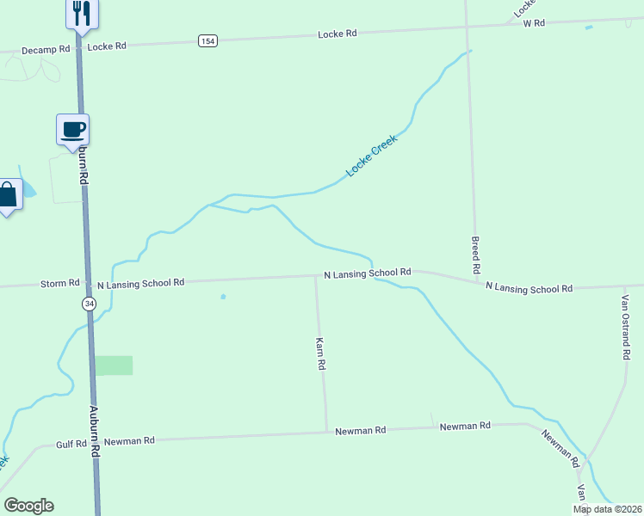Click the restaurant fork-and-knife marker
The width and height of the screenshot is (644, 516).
coord(82,13)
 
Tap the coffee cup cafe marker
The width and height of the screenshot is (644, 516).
coord(73,129)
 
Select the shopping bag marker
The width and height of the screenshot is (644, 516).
coord(7,195)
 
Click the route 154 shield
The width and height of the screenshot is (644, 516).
coord(207,40)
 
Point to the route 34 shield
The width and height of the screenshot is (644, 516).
coord(90,304)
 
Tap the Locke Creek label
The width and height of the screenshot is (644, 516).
coord(371,157)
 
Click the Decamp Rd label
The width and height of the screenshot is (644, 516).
coord(46,50)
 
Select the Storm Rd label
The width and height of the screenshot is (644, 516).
coord(60,283)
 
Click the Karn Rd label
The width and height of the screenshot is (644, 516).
coord(320,353)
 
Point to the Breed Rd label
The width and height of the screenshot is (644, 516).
coord(475,255)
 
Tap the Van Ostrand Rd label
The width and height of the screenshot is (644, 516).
coord(626,329)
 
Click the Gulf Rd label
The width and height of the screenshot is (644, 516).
coord(71,444)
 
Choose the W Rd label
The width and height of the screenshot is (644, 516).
coord(534,23)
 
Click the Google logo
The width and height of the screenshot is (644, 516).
coord(28,506)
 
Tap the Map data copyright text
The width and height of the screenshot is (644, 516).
coord(608,509)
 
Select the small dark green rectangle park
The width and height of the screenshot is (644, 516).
coord(114,365)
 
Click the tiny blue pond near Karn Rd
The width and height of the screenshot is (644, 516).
coord(223,298)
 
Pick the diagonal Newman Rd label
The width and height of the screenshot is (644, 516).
coord(560,447)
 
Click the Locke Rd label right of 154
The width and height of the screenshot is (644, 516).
coord(337,34)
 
